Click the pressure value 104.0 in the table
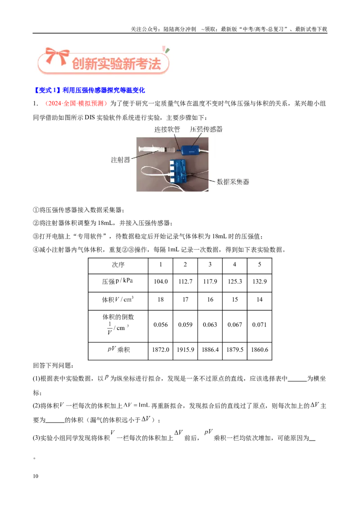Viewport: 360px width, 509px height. (x=161, y=281)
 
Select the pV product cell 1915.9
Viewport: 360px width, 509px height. (x=185, y=350)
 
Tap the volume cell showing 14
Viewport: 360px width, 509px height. (x=259, y=299)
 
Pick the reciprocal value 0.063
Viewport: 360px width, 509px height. (x=210, y=325)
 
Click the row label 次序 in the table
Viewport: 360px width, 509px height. (x=118, y=265)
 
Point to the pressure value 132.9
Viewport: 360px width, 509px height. (x=259, y=281)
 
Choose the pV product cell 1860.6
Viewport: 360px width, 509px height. (x=259, y=350)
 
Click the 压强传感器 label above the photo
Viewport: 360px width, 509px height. (x=206, y=129)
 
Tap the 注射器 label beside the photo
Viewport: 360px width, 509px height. (x=120, y=160)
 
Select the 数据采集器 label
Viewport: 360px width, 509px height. (x=233, y=182)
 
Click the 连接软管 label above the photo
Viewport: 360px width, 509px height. (x=167, y=129)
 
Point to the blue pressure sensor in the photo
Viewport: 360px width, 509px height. (x=190, y=149)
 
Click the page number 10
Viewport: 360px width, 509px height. (x=36, y=476)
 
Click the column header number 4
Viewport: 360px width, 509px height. (x=234, y=264)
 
